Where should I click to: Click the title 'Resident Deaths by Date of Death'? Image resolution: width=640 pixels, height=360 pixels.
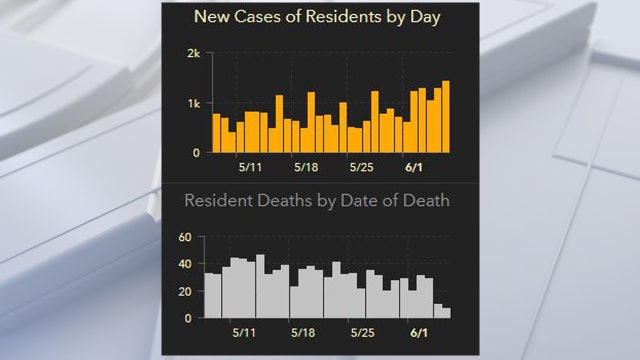click(317, 200)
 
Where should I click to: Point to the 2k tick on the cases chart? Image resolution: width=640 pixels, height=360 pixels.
click(194, 53)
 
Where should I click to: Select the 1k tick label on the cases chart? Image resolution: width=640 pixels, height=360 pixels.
click(194, 103)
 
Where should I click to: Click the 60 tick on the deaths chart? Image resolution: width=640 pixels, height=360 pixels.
click(183, 237)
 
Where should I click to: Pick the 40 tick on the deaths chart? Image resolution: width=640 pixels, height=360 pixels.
click(183, 264)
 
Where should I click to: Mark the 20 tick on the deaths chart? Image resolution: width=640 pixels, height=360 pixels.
click(183, 291)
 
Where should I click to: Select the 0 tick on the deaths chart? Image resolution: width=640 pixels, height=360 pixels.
click(187, 318)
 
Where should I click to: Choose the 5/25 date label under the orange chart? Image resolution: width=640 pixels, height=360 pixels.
click(362, 168)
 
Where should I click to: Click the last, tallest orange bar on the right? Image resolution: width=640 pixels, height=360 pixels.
click(446, 116)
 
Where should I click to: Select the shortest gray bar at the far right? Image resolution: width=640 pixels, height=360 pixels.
click(446, 313)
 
